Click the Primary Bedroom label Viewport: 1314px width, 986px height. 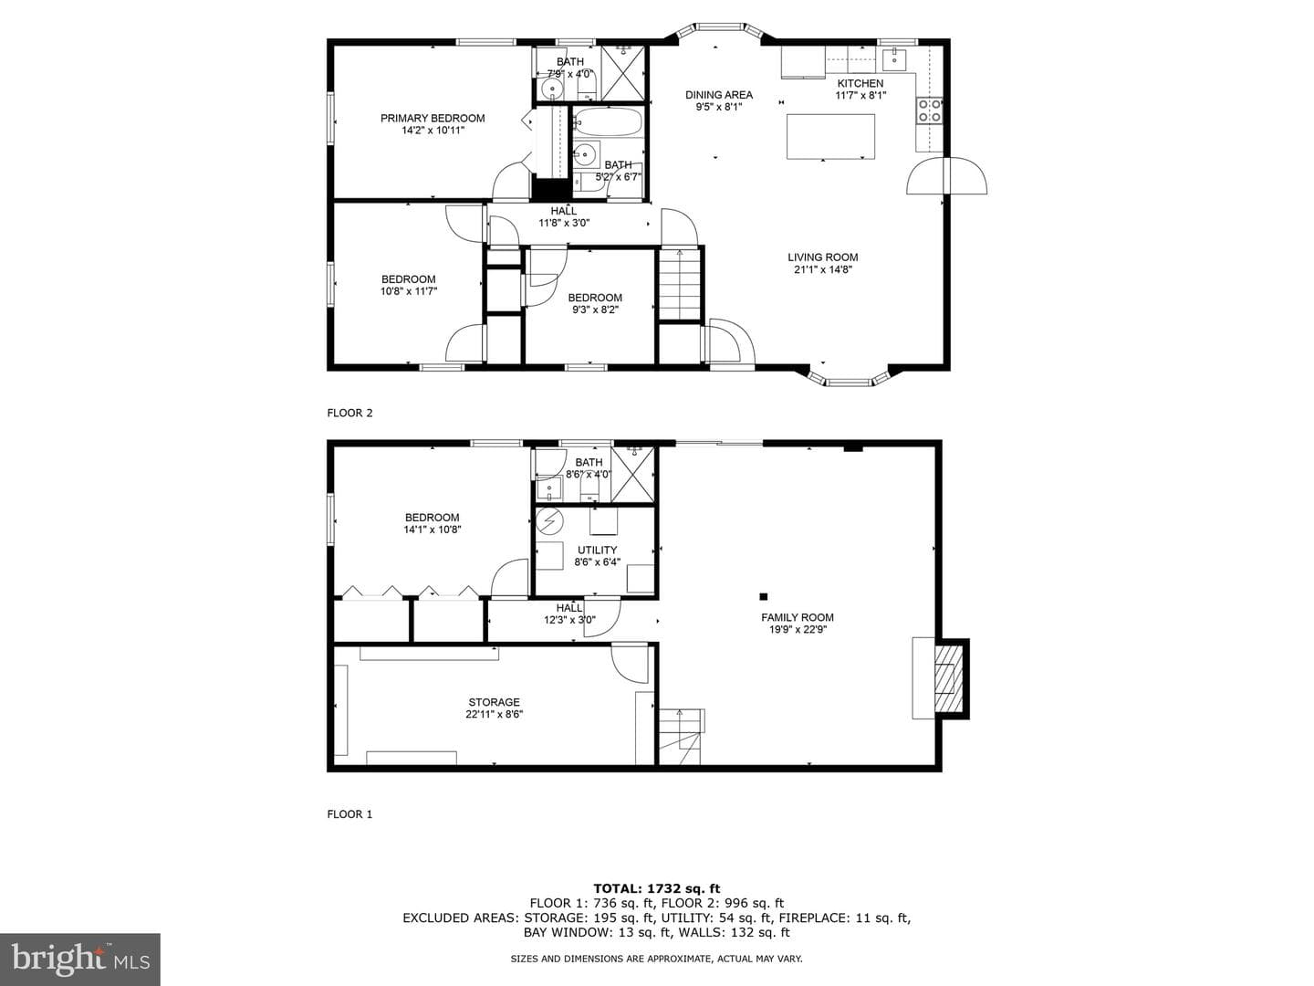433,118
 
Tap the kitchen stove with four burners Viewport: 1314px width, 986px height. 929,110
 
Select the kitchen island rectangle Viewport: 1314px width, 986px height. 830,137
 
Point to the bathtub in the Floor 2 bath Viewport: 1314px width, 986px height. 609,122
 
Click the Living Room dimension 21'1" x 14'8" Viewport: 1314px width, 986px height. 822,269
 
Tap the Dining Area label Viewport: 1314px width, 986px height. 718,95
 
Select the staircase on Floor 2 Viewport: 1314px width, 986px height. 680,285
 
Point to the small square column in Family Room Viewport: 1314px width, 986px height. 763,596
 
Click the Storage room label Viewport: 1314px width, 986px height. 494,702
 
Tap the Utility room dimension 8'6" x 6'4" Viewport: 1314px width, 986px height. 597,562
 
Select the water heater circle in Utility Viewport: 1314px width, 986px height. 549,521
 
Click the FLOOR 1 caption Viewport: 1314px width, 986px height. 349,814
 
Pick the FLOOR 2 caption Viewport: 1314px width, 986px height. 349,413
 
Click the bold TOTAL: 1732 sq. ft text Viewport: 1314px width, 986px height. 657,888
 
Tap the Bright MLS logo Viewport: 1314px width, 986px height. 80,959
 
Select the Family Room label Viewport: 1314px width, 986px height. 798,617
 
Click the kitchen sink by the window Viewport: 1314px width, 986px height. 894,58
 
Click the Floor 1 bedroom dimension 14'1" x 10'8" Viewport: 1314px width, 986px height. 433,530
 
